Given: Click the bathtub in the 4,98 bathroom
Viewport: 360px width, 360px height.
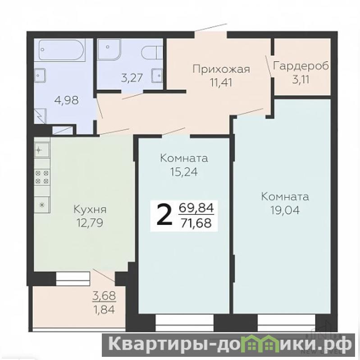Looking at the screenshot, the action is [62, 50].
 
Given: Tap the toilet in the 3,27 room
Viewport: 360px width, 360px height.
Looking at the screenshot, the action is [152, 53].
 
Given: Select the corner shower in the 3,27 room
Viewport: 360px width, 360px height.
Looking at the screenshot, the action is [109, 50].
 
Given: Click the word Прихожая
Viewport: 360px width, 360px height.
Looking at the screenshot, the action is [221, 69].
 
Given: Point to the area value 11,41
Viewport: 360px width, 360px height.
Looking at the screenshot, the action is [221, 82].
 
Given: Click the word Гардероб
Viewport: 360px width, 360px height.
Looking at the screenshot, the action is [301, 66].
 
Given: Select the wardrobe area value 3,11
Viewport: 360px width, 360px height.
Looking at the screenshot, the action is [301, 80].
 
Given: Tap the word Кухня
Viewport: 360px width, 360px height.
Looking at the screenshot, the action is [90, 210].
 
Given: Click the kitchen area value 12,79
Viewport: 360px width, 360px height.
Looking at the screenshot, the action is [90, 223].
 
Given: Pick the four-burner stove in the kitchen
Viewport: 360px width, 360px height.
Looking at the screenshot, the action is [42, 177].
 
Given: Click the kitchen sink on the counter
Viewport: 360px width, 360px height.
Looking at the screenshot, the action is [42, 150].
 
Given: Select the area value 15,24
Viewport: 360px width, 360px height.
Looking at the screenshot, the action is [184, 172].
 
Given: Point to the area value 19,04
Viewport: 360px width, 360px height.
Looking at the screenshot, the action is [285, 210].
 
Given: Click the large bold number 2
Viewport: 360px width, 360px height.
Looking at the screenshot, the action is [164, 215].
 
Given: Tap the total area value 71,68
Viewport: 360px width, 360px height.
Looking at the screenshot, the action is [196, 223].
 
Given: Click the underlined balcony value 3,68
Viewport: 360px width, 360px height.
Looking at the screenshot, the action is [104, 296].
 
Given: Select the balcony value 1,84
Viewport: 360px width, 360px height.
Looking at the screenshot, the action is [104, 310].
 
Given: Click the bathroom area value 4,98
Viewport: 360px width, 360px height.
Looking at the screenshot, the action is [66, 100].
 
